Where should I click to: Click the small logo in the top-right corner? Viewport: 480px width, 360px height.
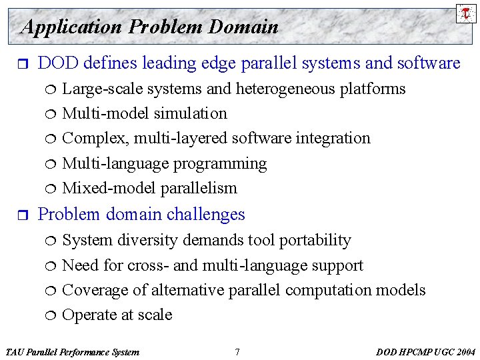point(466,13)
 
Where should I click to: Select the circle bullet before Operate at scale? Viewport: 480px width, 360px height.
point(53,315)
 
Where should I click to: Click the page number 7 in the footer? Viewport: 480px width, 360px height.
point(237,352)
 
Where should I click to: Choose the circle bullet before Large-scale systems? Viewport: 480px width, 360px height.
point(53,89)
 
